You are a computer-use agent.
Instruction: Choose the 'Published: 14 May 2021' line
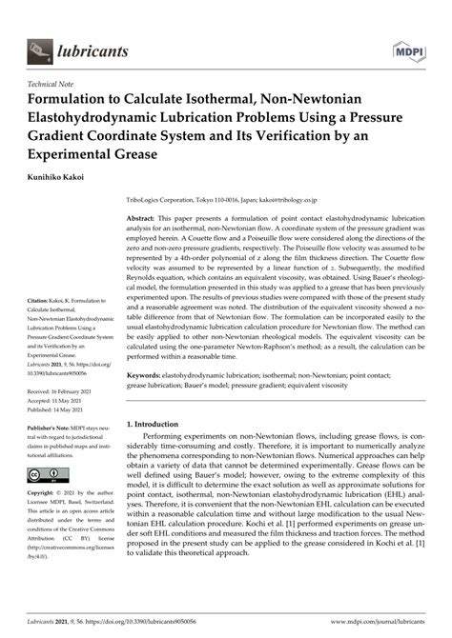[65, 440]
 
